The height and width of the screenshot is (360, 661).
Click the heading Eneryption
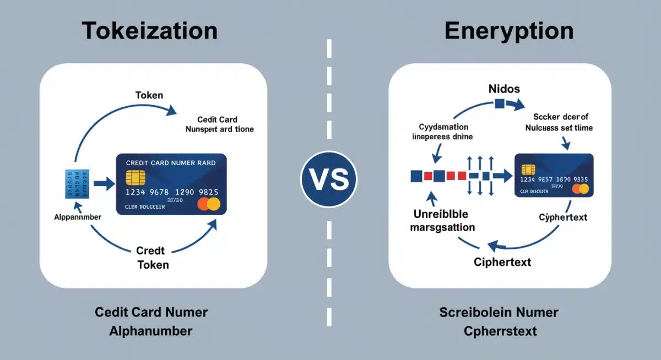click(x=509, y=31)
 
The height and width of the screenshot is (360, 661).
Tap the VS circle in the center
click(x=329, y=179)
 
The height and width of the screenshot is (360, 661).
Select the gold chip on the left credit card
click(x=136, y=177)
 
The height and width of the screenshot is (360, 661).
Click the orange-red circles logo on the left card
click(x=209, y=205)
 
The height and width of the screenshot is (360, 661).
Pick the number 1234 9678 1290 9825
click(x=172, y=192)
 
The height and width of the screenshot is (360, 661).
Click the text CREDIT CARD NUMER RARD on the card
click(x=171, y=163)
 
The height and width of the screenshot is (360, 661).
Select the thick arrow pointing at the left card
click(x=104, y=184)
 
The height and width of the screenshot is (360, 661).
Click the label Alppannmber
click(x=78, y=217)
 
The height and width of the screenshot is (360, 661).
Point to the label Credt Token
click(x=151, y=258)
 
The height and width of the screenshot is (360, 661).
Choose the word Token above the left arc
click(x=149, y=95)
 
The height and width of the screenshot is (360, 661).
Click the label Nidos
click(x=503, y=88)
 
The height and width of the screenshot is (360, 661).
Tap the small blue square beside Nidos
click(x=500, y=103)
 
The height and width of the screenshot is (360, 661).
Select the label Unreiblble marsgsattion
click(x=444, y=220)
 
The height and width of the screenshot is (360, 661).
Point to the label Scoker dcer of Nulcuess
click(x=560, y=122)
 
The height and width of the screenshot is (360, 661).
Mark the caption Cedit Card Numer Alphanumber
click(x=151, y=321)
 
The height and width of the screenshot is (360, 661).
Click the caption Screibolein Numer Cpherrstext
click(x=499, y=321)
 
